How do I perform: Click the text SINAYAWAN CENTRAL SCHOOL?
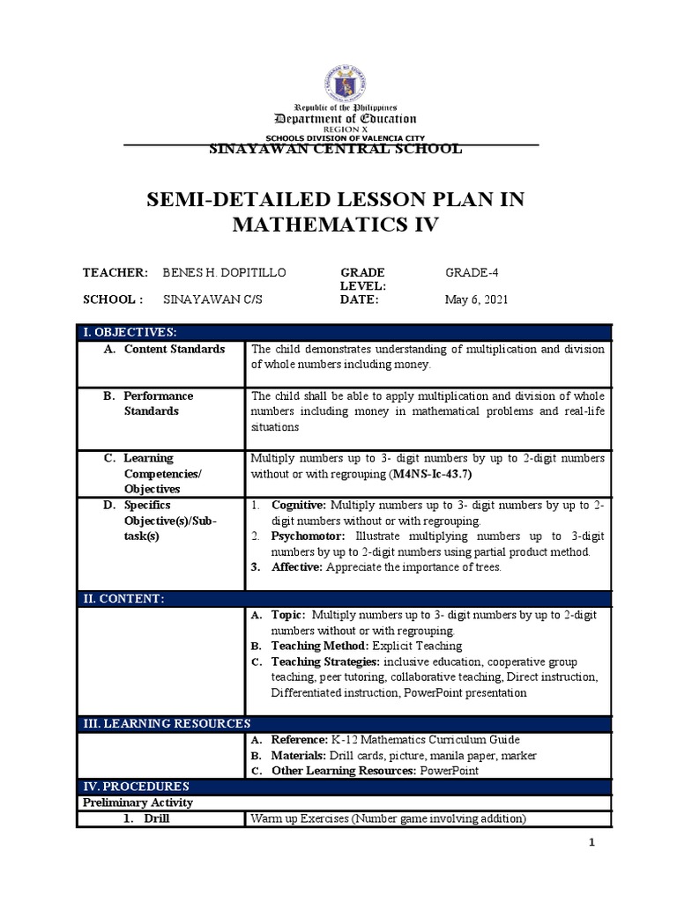333,149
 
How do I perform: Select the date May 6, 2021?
476,299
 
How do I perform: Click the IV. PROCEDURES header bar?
135,786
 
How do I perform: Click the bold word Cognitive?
298,506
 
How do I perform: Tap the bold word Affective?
297,566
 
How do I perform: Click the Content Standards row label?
174,349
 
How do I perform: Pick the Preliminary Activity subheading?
138,802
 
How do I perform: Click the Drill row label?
153,819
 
